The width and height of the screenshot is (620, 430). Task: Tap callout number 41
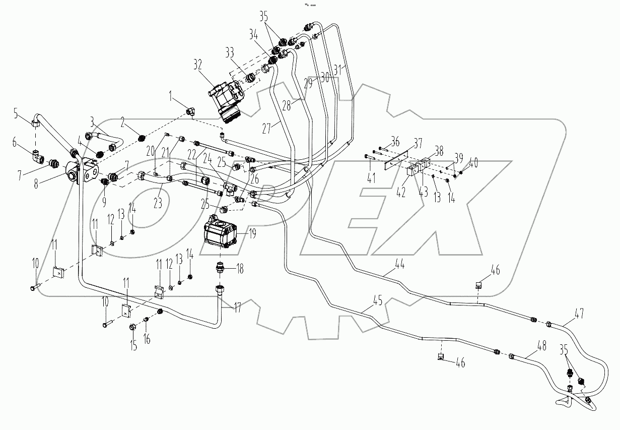[371, 177]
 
